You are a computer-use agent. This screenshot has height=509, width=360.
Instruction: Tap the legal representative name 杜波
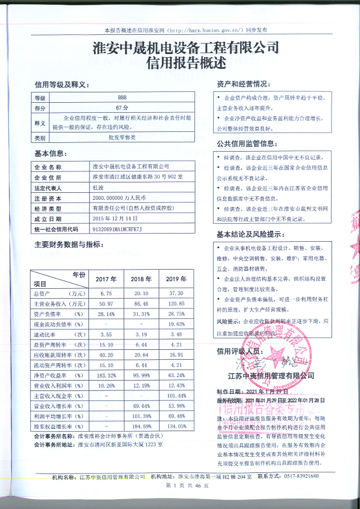(98, 188)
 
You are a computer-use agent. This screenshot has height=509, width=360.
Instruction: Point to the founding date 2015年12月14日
(115, 218)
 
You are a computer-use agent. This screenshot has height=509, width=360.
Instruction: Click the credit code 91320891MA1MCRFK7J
(117, 229)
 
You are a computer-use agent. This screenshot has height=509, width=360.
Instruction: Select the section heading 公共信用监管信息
(246, 144)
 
